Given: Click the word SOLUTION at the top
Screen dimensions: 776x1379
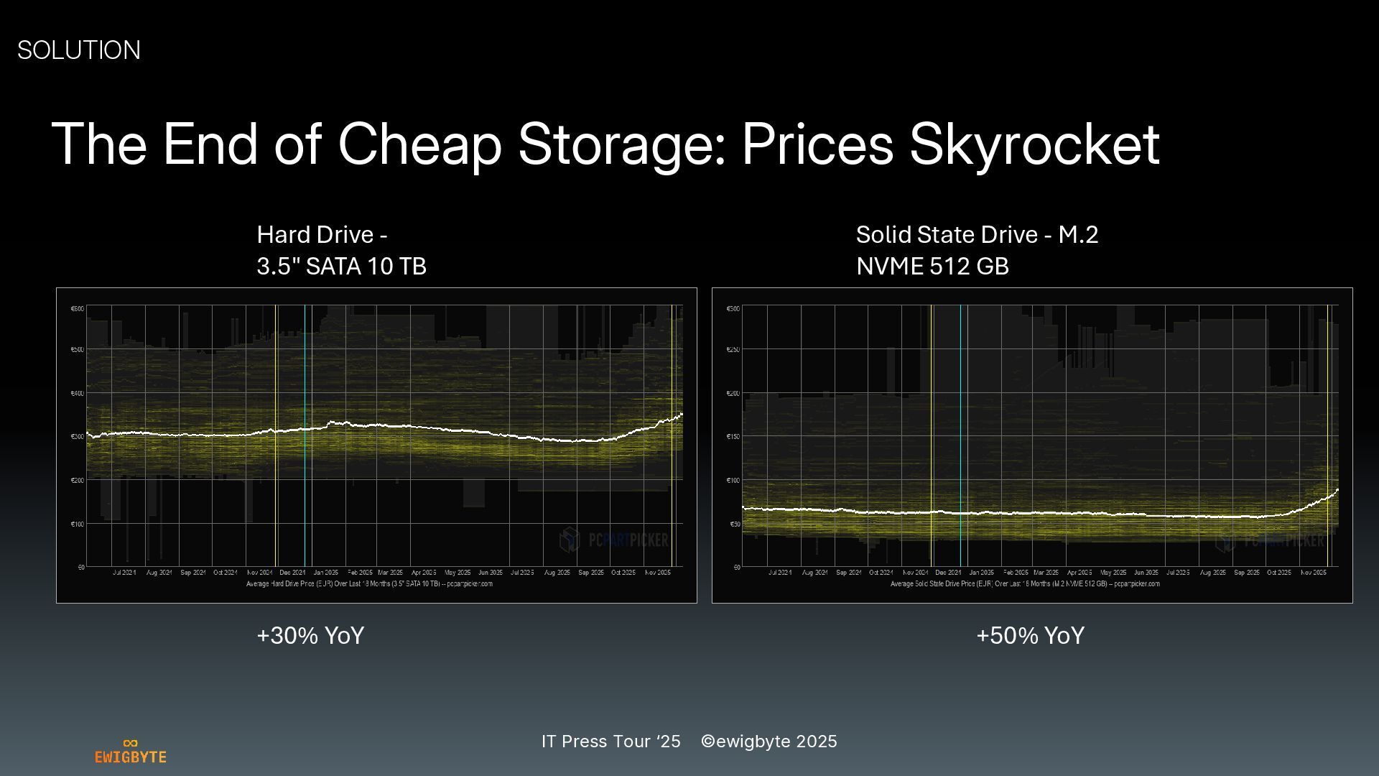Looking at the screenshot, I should (x=79, y=50).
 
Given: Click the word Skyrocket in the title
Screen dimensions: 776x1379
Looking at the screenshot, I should (x=1034, y=144).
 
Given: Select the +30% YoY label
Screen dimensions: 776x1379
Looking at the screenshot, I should (x=310, y=636).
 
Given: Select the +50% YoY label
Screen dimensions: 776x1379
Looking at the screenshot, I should (x=1030, y=636).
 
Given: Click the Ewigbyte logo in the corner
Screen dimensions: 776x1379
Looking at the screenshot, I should (x=131, y=752).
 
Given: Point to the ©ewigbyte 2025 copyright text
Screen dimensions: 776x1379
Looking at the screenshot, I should (x=769, y=742).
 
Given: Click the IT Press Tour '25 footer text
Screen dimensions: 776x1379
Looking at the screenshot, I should (x=611, y=742).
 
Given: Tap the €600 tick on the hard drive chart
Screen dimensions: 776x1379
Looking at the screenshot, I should (x=77, y=309).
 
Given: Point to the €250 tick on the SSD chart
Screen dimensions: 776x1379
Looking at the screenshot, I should (x=733, y=350).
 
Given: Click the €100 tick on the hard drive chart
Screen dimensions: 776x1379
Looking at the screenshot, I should (x=77, y=524).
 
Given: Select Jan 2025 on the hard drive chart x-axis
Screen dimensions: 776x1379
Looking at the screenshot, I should (x=326, y=573).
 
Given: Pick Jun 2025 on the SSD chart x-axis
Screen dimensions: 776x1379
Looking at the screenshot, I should (x=1146, y=573).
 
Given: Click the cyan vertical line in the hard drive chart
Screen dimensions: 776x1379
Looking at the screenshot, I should (x=305, y=431).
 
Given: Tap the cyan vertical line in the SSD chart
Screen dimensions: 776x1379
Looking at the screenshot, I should (x=960, y=431).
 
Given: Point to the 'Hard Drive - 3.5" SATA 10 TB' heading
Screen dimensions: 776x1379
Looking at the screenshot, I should (x=342, y=250).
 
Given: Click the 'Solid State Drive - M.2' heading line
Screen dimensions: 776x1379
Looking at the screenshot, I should (x=977, y=235).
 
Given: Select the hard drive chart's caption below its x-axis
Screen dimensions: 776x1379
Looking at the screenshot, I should (x=369, y=584).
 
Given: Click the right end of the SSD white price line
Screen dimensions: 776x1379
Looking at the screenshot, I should (x=1337, y=490).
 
